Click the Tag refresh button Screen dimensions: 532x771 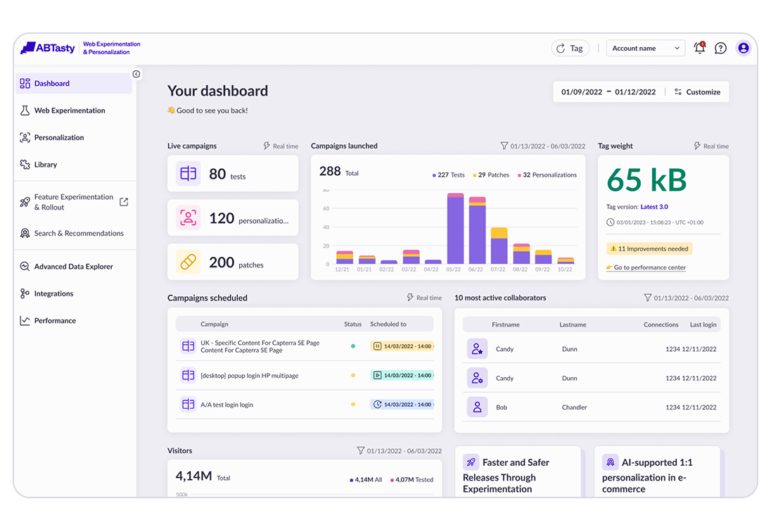[x=570, y=48]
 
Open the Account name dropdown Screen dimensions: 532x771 [x=645, y=48]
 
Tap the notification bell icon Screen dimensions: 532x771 [x=699, y=48]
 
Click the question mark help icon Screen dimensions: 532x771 [x=720, y=48]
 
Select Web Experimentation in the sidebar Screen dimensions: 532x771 [x=70, y=110]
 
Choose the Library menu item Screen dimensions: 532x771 [x=46, y=165]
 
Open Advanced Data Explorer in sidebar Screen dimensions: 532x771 [x=73, y=267]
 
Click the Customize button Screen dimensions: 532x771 [x=697, y=92]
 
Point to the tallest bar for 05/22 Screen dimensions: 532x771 [x=455, y=229]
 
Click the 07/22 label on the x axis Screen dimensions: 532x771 [x=499, y=270]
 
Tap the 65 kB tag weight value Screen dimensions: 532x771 [x=646, y=180]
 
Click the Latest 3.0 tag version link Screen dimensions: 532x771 [x=654, y=207]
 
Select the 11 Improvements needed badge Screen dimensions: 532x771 [x=649, y=248]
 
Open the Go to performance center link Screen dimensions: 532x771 [x=649, y=267]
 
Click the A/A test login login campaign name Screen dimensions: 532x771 [x=227, y=405]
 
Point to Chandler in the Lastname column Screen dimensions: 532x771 [x=575, y=407]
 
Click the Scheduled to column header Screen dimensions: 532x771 [x=388, y=324]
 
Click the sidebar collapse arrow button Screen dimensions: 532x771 [x=136, y=74]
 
